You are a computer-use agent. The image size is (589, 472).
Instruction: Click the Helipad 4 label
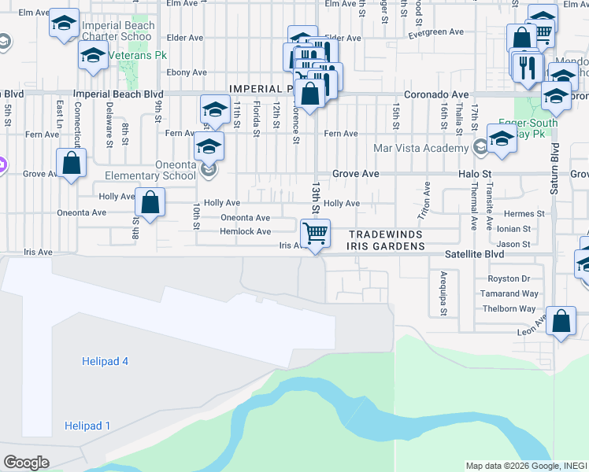pyautogui.click(x=105, y=361)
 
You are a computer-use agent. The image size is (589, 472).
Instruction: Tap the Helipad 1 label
pyautogui.click(x=87, y=426)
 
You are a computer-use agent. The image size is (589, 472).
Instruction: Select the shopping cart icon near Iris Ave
pyautogui.click(x=315, y=233)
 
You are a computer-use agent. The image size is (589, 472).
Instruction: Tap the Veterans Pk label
pyautogui.click(x=140, y=57)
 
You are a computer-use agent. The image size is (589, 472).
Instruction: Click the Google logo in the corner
pyautogui.click(x=27, y=463)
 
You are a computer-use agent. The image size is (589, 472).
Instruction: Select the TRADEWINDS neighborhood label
pyautogui.click(x=386, y=234)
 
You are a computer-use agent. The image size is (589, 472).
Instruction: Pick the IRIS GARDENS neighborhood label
pyautogui.click(x=386, y=246)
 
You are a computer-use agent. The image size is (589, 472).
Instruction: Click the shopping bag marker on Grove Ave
pyautogui.click(x=72, y=164)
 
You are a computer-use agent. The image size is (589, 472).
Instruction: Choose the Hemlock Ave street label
pyautogui.click(x=245, y=231)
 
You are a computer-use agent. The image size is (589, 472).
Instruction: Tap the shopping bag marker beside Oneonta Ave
pyautogui.click(x=150, y=202)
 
